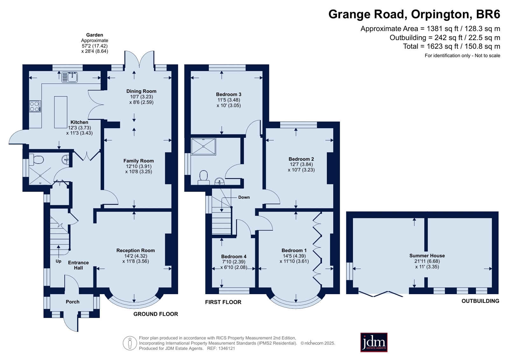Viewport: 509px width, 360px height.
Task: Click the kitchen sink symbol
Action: (x=69, y=77)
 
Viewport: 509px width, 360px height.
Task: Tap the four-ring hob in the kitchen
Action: (x=35, y=106)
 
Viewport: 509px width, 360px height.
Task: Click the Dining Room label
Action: (x=141, y=91)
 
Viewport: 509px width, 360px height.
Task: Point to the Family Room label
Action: (x=138, y=161)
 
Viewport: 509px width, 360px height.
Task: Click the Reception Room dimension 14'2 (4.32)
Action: (x=136, y=256)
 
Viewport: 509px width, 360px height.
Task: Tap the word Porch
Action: (x=73, y=301)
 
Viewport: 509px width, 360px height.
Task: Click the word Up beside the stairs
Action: (x=58, y=261)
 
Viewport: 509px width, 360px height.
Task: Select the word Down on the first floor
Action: (x=244, y=197)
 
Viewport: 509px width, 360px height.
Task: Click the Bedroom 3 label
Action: (x=229, y=94)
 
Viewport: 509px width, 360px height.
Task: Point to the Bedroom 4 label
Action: (x=234, y=256)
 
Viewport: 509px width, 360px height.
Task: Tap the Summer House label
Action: (x=427, y=256)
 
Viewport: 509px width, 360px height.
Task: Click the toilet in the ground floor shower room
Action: (x=36, y=159)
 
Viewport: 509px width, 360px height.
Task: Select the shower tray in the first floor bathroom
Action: (x=203, y=147)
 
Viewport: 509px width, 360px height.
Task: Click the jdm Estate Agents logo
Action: (x=374, y=342)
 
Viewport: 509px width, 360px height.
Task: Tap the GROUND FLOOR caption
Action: (x=156, y=314)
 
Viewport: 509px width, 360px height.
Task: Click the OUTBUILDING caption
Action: (x=480, y=301)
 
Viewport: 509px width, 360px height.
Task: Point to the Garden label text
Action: (x=95, y=35)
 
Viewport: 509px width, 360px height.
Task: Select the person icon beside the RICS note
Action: (x=130, y=343)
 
